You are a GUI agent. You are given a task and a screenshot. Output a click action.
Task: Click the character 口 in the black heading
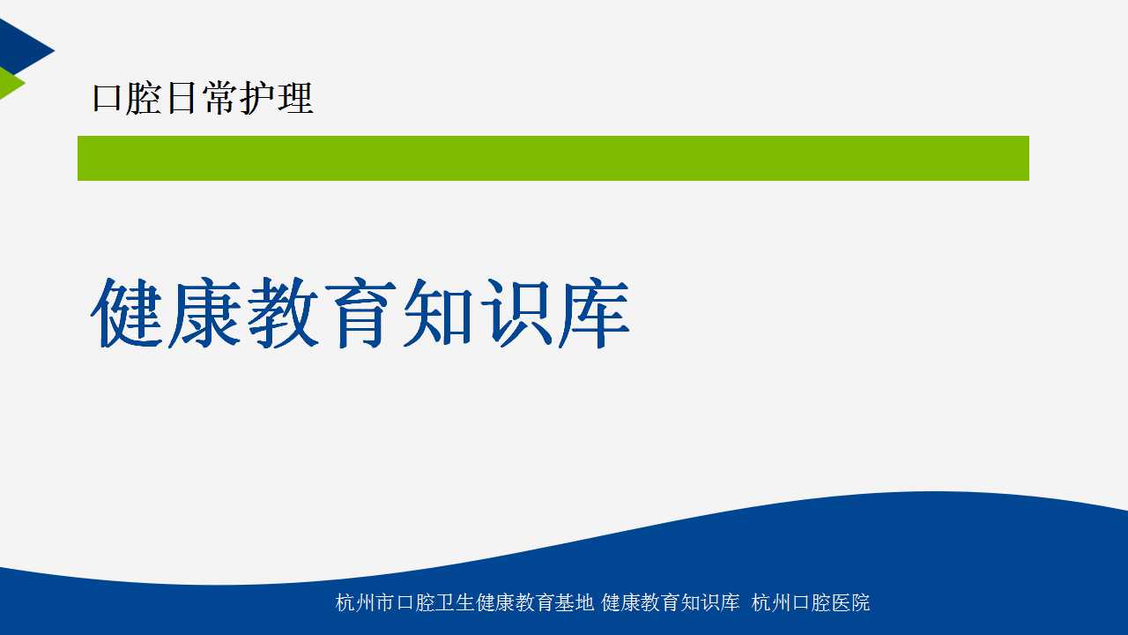[107, 98]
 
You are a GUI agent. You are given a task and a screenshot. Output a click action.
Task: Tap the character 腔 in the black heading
[143, 98]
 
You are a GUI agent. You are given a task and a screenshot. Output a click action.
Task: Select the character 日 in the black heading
[182, 98]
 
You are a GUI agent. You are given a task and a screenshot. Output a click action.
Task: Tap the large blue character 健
[127, 312]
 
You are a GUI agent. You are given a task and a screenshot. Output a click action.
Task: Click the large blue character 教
[283, 312]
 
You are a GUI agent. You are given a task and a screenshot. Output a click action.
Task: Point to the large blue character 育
[360, 312]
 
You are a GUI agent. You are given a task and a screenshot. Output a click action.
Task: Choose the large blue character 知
[438, 312]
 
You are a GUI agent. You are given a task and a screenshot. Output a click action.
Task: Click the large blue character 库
[594, 312]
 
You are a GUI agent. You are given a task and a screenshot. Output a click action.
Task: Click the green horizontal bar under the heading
[553, 158]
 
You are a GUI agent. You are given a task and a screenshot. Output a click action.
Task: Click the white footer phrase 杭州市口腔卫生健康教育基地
[464, 602]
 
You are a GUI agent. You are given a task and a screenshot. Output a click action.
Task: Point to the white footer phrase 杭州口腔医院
[811, 602]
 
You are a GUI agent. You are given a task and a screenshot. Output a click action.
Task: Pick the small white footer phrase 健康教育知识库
[671, 602]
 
